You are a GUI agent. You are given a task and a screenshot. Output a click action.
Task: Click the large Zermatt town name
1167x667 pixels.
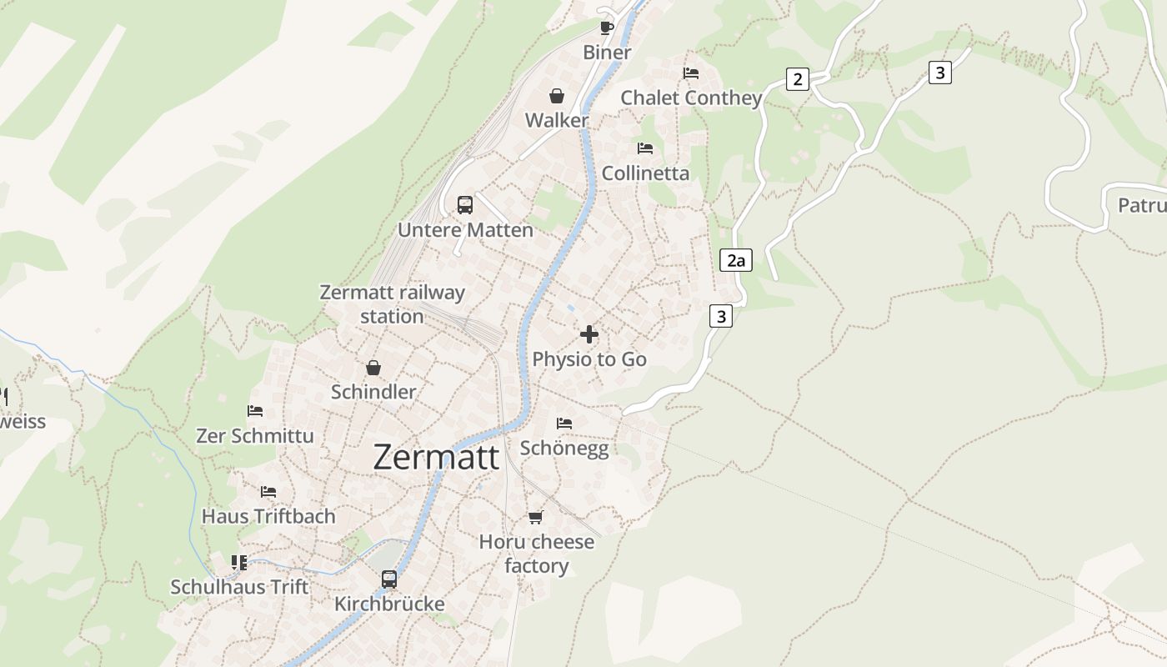click(x=436, y=457)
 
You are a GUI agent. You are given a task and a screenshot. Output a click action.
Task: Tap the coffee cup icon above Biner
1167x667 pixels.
click(x=607, y=28)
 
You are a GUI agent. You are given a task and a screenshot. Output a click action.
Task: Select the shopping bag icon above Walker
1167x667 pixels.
click(x=557, y=96)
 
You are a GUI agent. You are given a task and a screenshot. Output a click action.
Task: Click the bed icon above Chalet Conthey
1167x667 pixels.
click(x=691, y=73)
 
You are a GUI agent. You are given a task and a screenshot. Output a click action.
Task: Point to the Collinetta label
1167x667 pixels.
click(x=645, y=173)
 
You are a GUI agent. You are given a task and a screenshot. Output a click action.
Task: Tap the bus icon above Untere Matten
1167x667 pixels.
click(x=465, y=205)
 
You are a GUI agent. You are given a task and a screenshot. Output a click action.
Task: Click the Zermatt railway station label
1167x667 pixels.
click(x=392, y=304)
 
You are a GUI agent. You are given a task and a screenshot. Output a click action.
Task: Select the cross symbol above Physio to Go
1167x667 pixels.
click(x=589, y=335)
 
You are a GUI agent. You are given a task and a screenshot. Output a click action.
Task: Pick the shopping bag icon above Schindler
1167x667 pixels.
click(x=373, y=368)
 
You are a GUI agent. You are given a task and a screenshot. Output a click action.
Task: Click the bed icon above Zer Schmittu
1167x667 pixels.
click(x=255, y=411)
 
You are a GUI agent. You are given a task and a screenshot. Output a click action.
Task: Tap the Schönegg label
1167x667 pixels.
click(x=564, y=448)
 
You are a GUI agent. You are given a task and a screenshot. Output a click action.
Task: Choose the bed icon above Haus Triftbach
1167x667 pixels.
click(x=268, y=492)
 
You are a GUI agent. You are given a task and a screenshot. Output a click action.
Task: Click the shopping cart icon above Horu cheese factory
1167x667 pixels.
click(x=536, y=518)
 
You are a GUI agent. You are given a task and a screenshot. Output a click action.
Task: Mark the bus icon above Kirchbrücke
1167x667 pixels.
click(x=389, y=579)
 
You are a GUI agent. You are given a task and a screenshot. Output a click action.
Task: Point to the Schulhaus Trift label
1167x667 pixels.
click(x=239, y=587)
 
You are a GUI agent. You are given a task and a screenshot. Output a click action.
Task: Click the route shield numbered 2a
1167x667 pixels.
click(x=735, y=260)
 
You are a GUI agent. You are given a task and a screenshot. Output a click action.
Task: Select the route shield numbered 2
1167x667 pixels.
click(x=798, y=79)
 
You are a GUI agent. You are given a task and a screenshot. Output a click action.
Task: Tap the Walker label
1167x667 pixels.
click(x=557, y=120)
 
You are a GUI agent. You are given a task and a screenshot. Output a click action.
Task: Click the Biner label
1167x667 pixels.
click(x=607, y=52)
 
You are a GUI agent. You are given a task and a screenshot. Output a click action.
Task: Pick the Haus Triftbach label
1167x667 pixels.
click(x=268, y=516)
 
